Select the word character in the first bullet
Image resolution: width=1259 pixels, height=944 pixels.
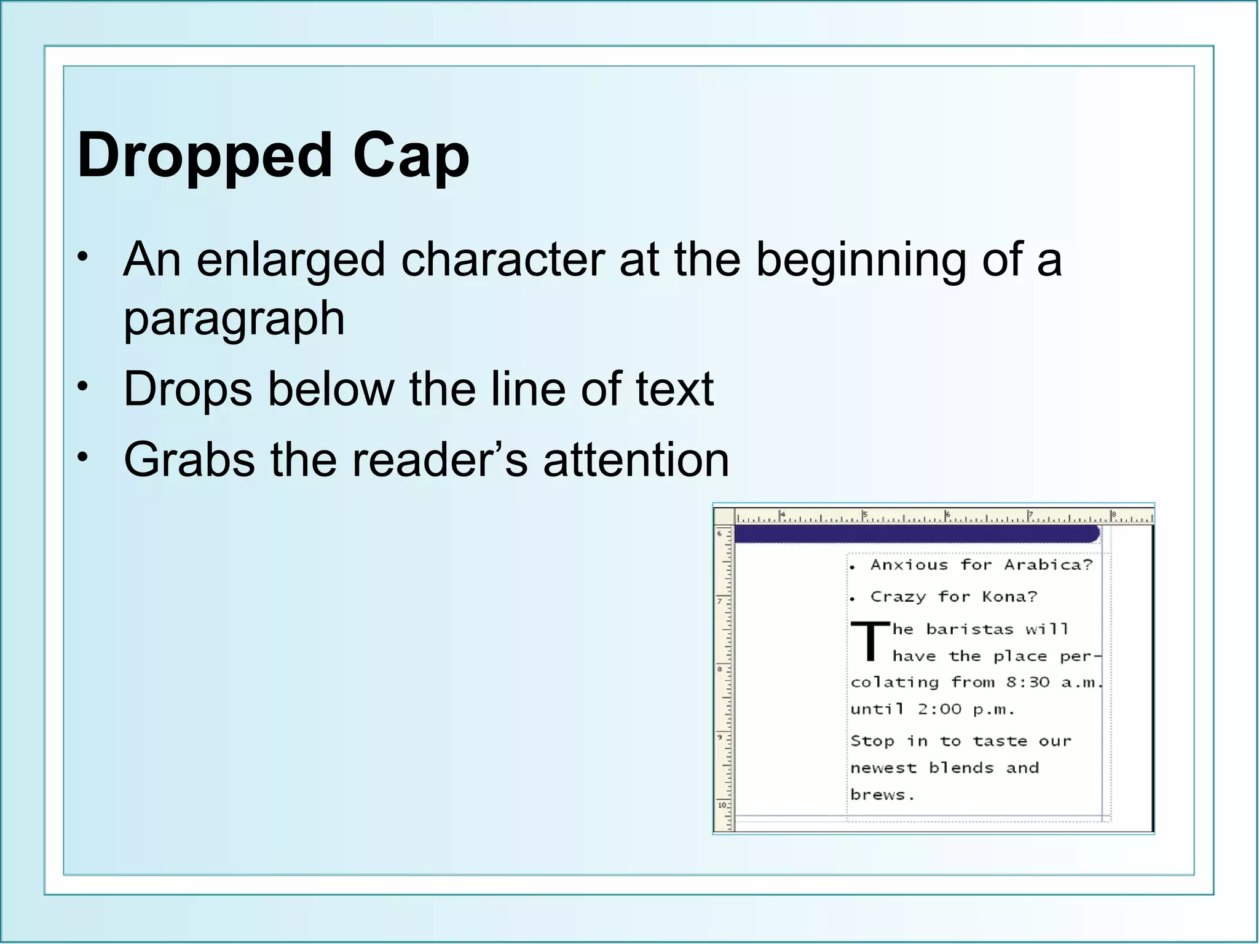(502, 259)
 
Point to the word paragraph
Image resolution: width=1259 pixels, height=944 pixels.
(234, 320)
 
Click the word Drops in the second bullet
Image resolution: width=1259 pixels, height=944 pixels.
(187, 389)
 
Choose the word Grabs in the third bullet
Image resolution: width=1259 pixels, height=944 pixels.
(189, 460)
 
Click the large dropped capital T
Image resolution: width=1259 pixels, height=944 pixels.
(870, 641)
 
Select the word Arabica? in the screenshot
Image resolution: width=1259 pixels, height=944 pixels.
(1048, 565)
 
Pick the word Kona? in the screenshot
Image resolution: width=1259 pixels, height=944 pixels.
(1009, 597)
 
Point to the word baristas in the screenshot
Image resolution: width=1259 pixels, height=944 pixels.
(969, 629)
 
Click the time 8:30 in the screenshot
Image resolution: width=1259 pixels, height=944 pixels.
(1028, 682)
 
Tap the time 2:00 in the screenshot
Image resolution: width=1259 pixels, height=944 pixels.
(939, 709)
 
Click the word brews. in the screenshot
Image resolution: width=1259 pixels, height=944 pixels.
(882, 795)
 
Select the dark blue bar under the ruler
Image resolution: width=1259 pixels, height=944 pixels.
(916, 533)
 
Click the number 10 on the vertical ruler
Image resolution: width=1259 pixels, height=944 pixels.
(722, 805)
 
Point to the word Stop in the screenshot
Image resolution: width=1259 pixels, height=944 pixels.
(872, 741)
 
